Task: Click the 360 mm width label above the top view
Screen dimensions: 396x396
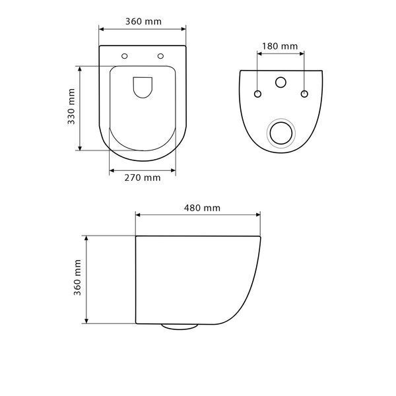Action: click(x=143, y=22)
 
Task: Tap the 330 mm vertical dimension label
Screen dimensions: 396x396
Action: click(x=71, y=106)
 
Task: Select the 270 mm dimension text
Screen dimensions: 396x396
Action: click(x=143, y=178)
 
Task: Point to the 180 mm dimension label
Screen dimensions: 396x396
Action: click(x=280, y=46)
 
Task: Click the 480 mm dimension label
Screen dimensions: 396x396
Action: click(x=202, y=208)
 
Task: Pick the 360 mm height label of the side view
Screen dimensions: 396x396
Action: click(x=77, y=277)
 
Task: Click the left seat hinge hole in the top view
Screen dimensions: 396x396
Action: click(x=125, y=56)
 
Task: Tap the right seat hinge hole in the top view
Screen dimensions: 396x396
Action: click(x=160, y=56)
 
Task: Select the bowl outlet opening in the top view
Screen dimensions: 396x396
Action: click(x=143, y=87)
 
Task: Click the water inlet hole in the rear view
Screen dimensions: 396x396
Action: click(x=280, y=82)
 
